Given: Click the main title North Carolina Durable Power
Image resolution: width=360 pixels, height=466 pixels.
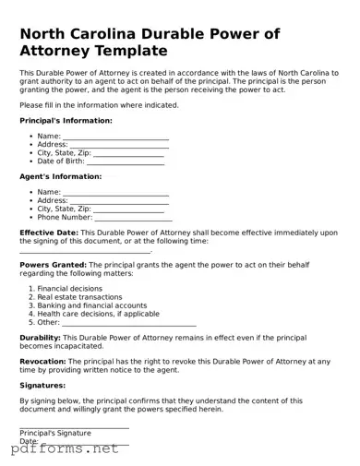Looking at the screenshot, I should point(149,34).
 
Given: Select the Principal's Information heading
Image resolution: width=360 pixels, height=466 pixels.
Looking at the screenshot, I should point(66,120).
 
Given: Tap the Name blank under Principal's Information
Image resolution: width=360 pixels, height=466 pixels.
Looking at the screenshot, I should point(115,137).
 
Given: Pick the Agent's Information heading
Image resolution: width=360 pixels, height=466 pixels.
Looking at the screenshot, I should point(60,176).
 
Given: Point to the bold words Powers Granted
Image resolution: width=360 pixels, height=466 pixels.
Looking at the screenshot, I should point(53,265).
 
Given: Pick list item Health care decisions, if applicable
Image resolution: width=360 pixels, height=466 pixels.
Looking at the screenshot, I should point(98,314).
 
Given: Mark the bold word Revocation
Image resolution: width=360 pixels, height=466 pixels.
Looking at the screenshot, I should point(42,361).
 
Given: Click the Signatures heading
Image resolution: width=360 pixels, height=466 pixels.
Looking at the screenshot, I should point(42,385).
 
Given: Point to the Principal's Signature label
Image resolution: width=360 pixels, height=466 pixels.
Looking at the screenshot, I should point(55,433).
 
